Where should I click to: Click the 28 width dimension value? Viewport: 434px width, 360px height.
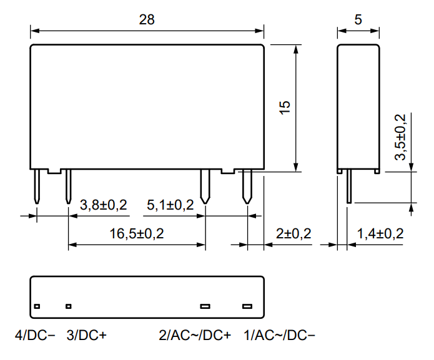pyautogui.click(x=147, y=19)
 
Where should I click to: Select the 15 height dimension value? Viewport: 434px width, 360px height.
pyautogui.click(x=285, y=107)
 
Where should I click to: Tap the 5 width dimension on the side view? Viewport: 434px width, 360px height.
pyautogui.click(x=358, y=19)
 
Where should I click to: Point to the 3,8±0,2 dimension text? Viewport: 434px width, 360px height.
pyautogui.click(x=104, y=205)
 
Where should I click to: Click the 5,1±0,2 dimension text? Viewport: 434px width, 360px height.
pyautogui.click(x=170, y=205)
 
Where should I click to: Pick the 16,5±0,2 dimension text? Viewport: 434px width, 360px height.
pyautogui.click(x=137, y=233)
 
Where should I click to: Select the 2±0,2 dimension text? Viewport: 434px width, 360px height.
pyautogui.click(x=293, y=233)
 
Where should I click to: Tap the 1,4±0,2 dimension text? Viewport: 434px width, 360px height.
pyautogui.click(x=380, y=233)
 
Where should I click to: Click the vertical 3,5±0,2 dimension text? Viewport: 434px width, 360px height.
pyautogui.click(x=400, y=137)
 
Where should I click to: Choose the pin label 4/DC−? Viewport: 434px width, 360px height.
pyautogui.click(x=35, y=336)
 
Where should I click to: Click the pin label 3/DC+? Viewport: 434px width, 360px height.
pyautogui.click(x=87, y=336)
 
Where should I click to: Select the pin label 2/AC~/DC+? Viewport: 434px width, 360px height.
pyautogui.click(x=195, y=336)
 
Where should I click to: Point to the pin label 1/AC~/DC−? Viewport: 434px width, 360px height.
pyautogui.click(x=279, y=336)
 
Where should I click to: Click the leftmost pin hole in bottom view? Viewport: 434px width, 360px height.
pyautogui.click(x=37, y=306)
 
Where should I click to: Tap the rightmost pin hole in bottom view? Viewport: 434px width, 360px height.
pyautogui.click(x=247, y=306)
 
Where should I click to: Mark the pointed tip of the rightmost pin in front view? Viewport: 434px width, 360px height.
pyautogui.click(x=247, y=204)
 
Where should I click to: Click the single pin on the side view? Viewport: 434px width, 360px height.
pyautogui.click(x=349, y=186)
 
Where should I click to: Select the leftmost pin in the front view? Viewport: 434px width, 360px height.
pyautogui.click(x=37, y=187)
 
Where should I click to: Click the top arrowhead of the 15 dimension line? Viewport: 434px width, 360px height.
pyautogui.click(x=296, y=49)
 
